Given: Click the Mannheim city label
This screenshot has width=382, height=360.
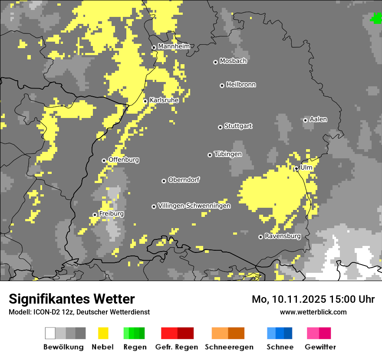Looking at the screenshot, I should coord(174,46).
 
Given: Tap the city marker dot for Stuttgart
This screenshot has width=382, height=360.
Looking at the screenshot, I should coord(220,127).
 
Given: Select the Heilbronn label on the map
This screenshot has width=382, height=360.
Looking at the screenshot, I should coord(241,85).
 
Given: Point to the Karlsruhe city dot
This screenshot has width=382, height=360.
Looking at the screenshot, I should coord(145,101).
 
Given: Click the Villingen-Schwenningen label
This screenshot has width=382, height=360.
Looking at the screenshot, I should coord(194,206).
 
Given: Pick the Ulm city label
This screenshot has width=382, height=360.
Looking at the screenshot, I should coord(306,167).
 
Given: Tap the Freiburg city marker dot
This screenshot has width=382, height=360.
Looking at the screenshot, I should coord(95,215).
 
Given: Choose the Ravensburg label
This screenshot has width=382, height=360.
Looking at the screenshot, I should coord(283,236).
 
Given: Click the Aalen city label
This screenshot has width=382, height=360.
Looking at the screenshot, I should coord(318,119).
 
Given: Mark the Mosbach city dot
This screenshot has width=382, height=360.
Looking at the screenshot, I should coord(215,62).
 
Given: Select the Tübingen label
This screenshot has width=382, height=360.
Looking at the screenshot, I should coord(228,154).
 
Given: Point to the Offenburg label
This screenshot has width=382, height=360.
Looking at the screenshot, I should coord(124,160).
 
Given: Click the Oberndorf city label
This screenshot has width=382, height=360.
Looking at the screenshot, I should coord(184,180).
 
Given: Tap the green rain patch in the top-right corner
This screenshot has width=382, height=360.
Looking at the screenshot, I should coord(376,18).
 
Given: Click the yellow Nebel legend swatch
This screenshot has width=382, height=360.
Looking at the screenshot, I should coord(103,333).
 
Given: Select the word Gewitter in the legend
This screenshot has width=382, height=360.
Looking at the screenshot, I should coord(320,347).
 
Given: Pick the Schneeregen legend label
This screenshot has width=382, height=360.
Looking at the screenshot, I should coord(229,347).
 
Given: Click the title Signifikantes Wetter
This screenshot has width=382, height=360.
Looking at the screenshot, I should coord(72,299).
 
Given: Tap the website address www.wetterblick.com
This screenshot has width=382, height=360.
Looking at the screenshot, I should coord(313,312).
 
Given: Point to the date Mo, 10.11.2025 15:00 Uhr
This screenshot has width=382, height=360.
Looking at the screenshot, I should coord(313,299).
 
